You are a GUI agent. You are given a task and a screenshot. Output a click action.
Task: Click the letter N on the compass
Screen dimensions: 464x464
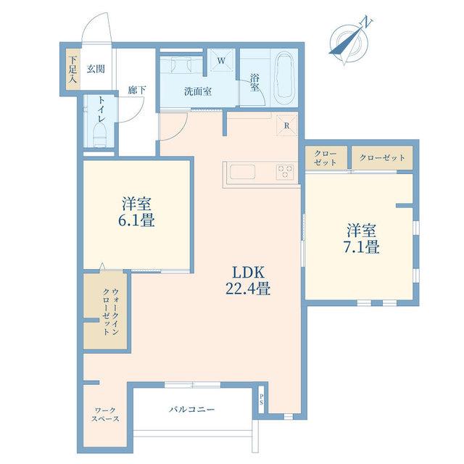tap(367, 22)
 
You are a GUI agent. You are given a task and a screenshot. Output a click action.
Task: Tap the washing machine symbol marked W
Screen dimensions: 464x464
tap(221, 61)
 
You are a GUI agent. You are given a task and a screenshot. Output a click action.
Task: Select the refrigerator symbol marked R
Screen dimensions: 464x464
tap(286, 125)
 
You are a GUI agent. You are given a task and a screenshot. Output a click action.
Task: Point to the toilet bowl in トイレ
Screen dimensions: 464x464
tap(99, 135)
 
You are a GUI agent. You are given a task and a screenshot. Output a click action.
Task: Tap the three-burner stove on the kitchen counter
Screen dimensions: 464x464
tap(285, 172)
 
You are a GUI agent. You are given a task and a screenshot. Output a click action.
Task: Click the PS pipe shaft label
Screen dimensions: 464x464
tap(262, 399)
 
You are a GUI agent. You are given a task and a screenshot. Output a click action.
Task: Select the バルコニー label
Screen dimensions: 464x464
tap(191, 409)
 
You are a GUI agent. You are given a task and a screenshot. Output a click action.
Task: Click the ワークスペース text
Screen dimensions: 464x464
tap(105, 415)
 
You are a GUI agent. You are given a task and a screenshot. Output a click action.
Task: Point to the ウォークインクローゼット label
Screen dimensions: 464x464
tap(111, 312)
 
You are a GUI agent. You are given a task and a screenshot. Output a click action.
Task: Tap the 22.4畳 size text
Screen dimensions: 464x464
tap(248, 289)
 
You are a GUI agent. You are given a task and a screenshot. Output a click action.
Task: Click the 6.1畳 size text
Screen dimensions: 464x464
tap(136, 220)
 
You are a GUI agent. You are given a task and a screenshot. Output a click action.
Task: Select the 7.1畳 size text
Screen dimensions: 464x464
tap(361, 246)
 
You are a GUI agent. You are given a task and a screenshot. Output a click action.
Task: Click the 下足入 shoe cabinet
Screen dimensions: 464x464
tap(72, 69)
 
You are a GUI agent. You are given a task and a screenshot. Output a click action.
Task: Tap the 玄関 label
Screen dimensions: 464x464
tap(96, 70)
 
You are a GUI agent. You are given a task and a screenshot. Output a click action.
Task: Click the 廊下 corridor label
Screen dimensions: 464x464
tap(137, 90)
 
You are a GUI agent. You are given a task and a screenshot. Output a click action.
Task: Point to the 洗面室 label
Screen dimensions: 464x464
tap(198, 91)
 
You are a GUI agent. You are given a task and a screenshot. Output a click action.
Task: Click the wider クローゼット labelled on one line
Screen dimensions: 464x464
tap(382, 158)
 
